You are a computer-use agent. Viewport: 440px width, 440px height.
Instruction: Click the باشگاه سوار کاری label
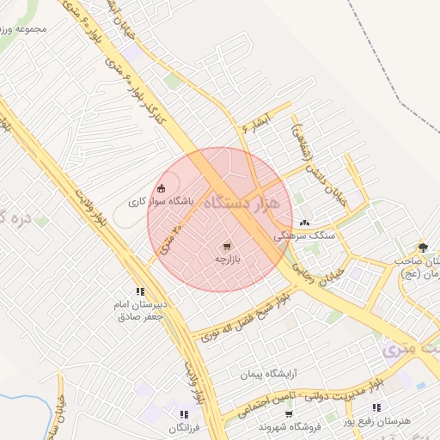162,202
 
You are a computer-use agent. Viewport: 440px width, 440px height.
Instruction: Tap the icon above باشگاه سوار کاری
161,188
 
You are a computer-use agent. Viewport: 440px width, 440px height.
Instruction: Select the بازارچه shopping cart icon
227,245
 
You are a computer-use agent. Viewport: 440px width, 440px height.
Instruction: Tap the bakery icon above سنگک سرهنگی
304,223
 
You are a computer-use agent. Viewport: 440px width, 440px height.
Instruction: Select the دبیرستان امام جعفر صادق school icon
139,291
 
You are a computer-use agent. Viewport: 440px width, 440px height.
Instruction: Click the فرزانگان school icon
184,415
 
